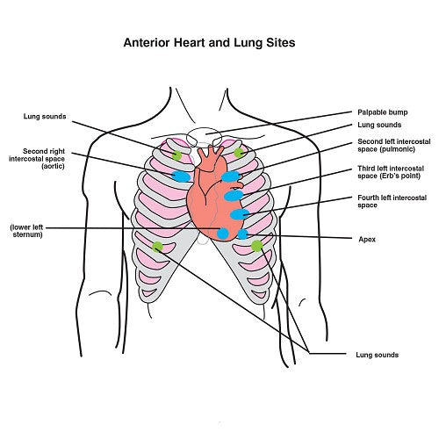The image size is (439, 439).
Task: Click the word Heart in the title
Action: click(x=190, y=42)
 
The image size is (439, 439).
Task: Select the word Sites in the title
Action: click(x=280, y=42)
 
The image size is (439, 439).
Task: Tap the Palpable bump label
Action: click(x=383, y=112)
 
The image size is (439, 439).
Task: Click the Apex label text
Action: click(x=367, y=240)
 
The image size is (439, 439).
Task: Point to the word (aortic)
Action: click(x=53, y=166)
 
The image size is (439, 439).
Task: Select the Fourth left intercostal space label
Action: click(x=392, y=201)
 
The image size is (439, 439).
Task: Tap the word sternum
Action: click(x=28, y=234)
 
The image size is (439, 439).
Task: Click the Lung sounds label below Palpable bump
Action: click(x=379, y=125)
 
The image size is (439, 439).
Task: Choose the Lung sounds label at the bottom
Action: click(x=377, y=355)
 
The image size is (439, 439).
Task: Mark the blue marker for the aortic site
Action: click(x=181, y=176)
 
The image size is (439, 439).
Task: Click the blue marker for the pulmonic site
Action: click(x=231, y=176)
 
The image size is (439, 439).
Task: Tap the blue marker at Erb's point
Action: click(x=234, y=196)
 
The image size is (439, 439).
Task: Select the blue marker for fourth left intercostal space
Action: click(x=240, y=214)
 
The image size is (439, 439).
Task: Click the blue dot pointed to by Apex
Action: click(x=242, y=234)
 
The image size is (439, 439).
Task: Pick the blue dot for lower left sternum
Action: click(x=223, y=234)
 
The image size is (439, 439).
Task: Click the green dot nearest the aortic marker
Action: click(x=176, y=155)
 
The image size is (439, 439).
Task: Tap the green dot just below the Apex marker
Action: click(x=257, y=246)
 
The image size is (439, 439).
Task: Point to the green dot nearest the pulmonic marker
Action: click(x=239, y=153)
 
